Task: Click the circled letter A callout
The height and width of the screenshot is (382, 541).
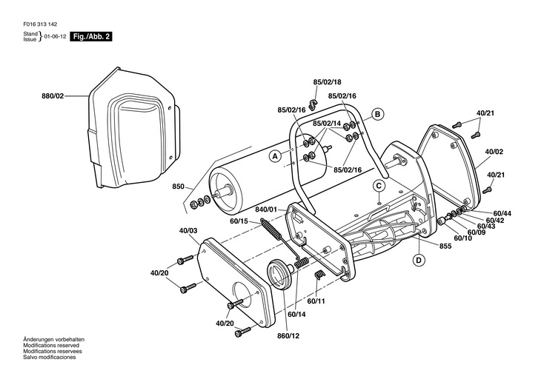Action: pos(275,156)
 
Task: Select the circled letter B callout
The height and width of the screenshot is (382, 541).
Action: pos(377,114)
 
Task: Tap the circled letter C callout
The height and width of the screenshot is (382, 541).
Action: pos(379,186)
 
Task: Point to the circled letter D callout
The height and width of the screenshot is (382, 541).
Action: pos(419,260)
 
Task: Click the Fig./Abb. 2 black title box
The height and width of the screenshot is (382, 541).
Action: pos(91,36)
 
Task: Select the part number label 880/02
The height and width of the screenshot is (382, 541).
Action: pos(53,96)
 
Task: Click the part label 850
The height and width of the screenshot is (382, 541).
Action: pos(179,187)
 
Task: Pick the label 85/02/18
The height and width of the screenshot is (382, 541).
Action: pos(327,82)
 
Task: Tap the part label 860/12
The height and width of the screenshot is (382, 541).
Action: pos(288,335)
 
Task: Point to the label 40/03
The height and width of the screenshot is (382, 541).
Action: pos(188,231)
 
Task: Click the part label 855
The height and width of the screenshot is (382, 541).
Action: pos(445,247)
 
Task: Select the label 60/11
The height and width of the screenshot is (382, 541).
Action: pos(316,301)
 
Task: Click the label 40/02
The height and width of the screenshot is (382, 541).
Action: pos(494,151)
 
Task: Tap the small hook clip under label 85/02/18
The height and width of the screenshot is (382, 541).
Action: pos(313,104)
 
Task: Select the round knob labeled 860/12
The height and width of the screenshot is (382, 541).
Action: pos(281,275)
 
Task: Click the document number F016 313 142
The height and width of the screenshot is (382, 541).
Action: pos(40,24)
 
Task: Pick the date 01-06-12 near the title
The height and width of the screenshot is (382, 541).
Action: pos(55,36)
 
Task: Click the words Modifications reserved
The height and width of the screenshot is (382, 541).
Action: pos(51,346)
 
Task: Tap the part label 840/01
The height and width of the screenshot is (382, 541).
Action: pos(266,210)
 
